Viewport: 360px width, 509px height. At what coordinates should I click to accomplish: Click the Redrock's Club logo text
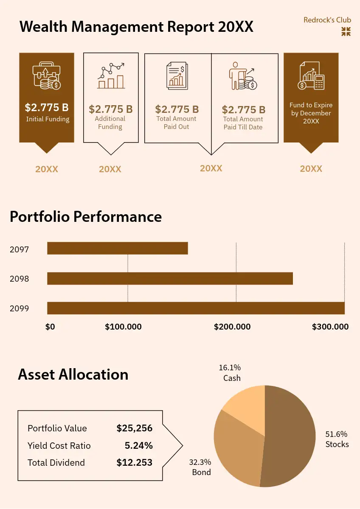[327, 20]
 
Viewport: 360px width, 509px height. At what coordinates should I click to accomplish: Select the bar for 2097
[117, 249]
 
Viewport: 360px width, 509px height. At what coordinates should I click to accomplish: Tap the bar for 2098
[170, 278]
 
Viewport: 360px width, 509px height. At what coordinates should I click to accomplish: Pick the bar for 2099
[195, 308]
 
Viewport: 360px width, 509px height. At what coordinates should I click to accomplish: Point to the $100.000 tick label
[123, 327]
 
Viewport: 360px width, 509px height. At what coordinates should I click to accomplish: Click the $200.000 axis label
[232, 327]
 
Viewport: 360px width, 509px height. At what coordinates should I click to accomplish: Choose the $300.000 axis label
[330, 327]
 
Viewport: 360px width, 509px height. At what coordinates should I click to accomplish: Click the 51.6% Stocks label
[337, 439]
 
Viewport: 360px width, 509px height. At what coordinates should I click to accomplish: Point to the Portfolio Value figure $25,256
[134, 428]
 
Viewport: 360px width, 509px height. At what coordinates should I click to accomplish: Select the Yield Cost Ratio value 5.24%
[138, 446]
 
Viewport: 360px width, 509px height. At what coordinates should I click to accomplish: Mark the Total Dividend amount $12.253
[134, 463]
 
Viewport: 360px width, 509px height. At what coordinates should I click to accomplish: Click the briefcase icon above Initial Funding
[47, 77]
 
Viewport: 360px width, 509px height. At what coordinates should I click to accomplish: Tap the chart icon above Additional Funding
[111, 76]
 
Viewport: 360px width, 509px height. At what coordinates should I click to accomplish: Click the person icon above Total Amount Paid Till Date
[243, 76]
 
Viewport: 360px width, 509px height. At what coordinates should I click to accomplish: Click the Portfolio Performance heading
[86, 217]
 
